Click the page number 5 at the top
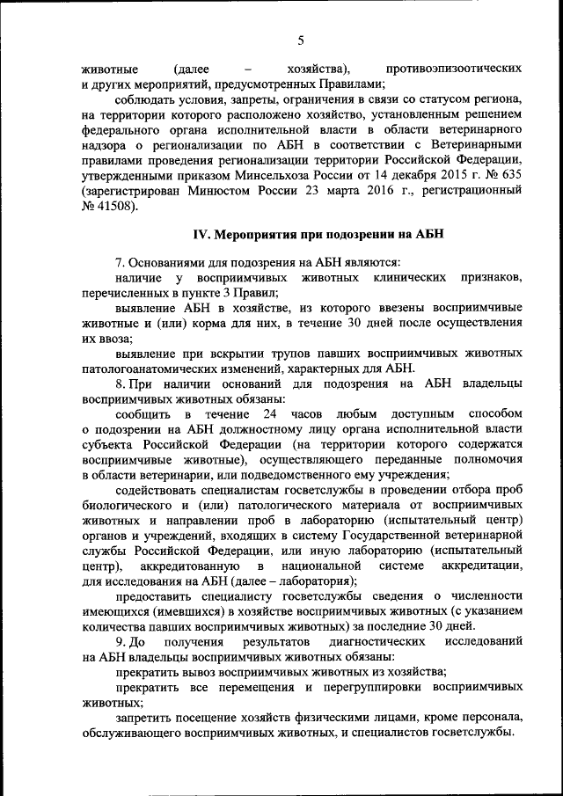click(x=300, y=41)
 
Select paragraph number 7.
click(x=119, y=262)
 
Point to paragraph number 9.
click(x=119, y=643)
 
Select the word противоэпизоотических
click(x=454, y=68)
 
